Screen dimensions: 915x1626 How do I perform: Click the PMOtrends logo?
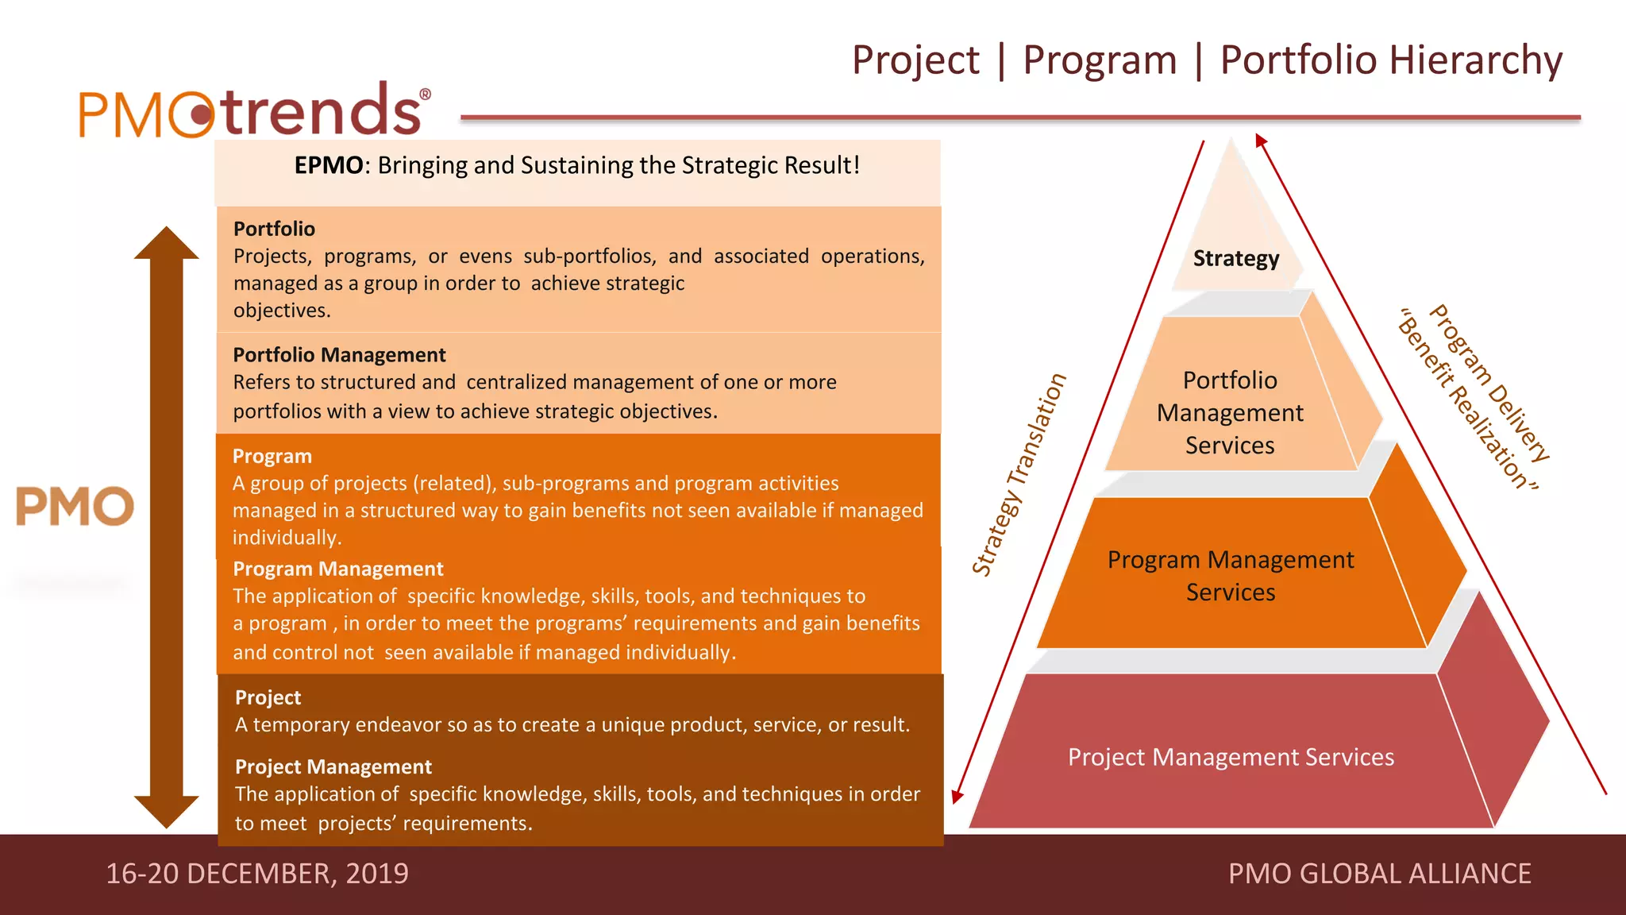[252, 111]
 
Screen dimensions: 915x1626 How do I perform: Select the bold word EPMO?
[328, 165]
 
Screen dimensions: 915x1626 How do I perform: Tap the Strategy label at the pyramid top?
[1235, 259]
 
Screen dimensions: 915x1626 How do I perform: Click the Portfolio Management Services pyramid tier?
[1230, 412]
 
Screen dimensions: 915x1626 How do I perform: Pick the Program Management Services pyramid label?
[1230, 576]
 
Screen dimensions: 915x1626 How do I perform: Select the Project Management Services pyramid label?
[1230, 757]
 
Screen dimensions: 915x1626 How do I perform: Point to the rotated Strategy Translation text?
[1019, 475]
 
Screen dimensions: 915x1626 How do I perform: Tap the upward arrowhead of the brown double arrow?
[166, 244]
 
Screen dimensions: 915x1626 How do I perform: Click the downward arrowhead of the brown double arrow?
[166, 812]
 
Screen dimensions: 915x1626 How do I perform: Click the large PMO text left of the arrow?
[75, 507]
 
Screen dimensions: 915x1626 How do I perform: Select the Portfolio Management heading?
[339, 355]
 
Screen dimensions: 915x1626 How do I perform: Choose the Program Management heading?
[337, 569]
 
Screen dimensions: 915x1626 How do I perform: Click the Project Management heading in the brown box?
[333, 766]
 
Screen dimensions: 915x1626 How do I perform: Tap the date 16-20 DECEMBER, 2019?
[256, 874]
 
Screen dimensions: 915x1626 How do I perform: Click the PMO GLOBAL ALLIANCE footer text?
[1379, 874]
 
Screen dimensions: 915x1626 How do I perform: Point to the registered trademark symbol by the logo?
[425, 95]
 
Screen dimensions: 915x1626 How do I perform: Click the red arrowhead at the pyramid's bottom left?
[957, 796]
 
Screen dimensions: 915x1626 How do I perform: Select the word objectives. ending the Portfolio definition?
[281, 311]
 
